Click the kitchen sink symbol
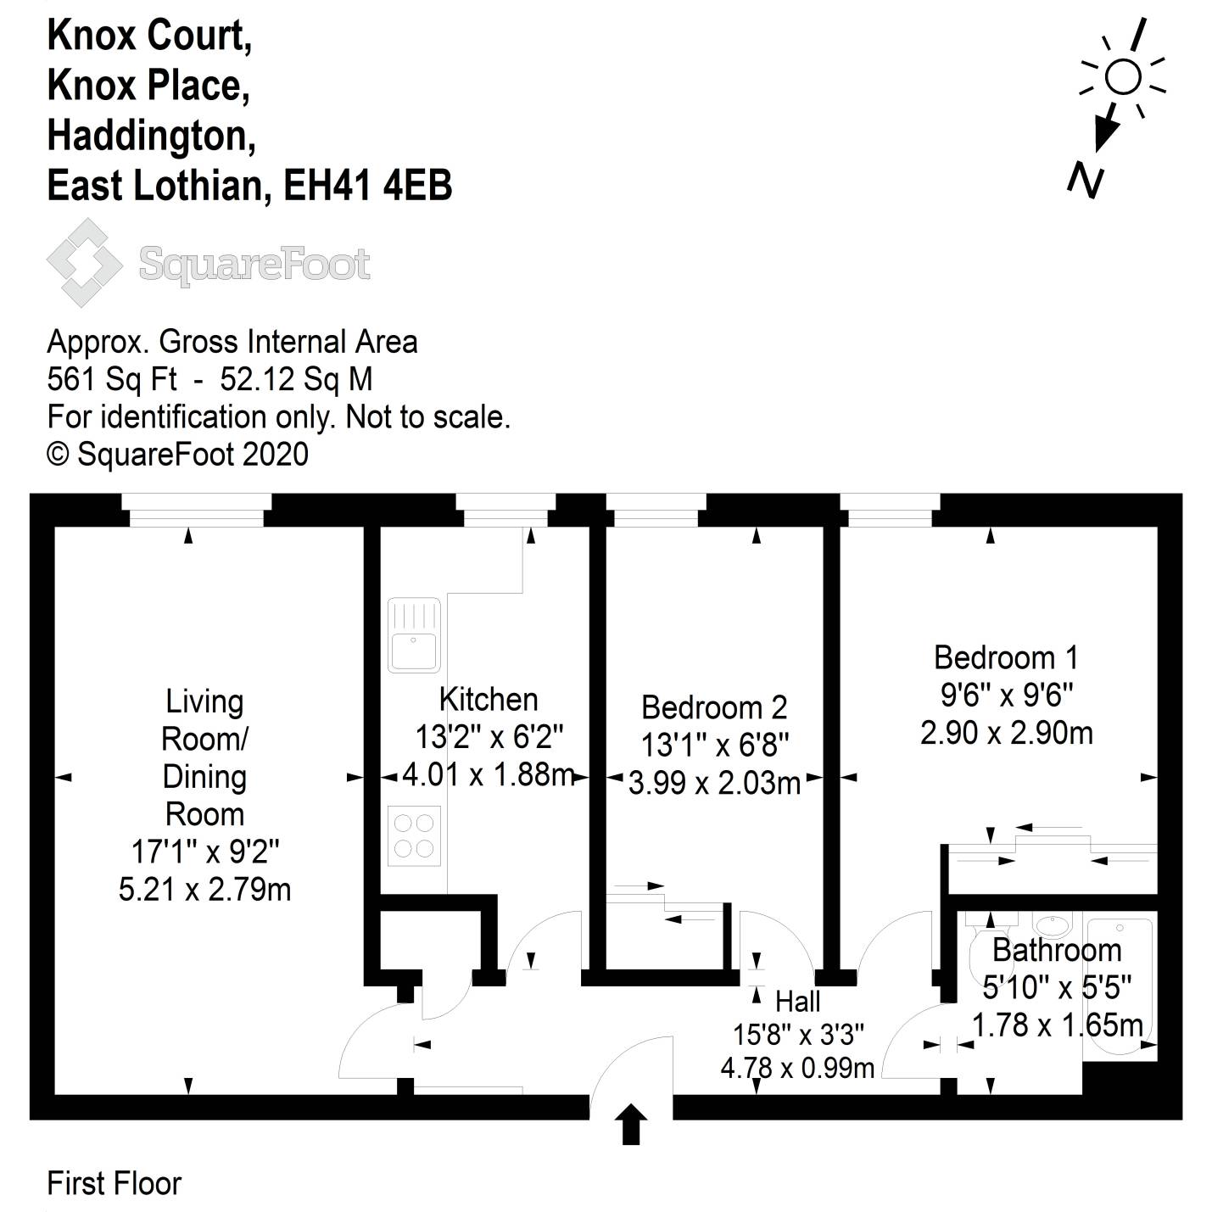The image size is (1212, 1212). coord(414,635)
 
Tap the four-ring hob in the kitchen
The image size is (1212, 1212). coord(414,835)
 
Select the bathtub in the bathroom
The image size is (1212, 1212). coord(1120,984)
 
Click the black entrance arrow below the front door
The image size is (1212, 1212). coord(630,1125)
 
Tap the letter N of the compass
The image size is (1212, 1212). coord(1086,180)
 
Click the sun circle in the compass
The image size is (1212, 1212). coord(1123,77)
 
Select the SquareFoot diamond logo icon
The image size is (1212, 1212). coord(84,263)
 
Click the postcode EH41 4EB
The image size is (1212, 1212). coord(367,186)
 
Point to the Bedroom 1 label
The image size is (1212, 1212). coord(1006,657)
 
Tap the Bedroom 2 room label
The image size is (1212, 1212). coord(714,707)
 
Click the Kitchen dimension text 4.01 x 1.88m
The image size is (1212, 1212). coord(489,774)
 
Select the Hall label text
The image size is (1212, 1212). coord(797,1001)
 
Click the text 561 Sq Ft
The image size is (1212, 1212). coord(112,379)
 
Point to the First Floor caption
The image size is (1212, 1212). coord(114,1183)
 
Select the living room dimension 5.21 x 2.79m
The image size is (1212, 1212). coord(204,889)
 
